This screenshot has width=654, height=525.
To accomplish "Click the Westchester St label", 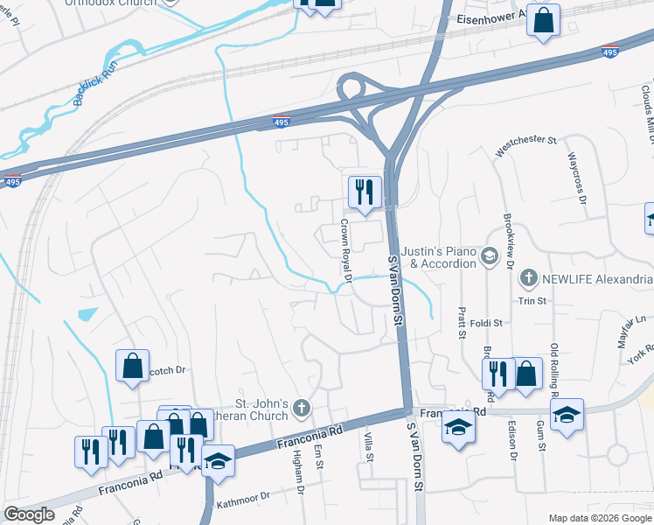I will point(525,145).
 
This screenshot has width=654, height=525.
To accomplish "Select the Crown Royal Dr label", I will point(345,251).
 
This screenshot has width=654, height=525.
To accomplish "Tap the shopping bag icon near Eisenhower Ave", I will point(543,21).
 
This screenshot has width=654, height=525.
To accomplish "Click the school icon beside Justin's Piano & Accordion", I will point(489,257).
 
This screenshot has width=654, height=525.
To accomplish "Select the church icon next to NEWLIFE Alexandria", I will point(527,279).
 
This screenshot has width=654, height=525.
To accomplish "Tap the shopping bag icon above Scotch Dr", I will point(132,367).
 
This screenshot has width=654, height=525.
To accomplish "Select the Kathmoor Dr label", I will point(244,495).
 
